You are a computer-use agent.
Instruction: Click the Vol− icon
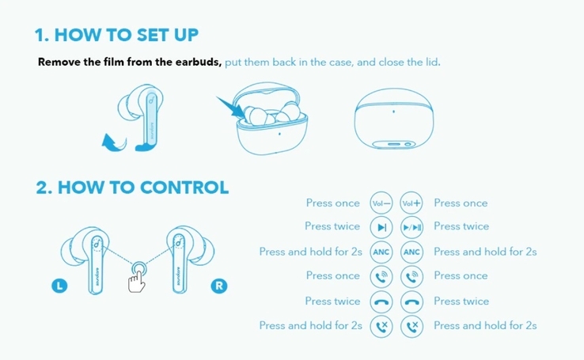tap(381, 203)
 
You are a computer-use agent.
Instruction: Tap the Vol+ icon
tap(411, 203)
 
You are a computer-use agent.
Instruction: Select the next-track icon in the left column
tap(381, 227)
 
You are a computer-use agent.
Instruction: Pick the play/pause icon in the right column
tap(411, 227)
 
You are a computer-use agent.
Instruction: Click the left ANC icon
tap(381, 252)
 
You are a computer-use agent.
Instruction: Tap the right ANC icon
tap(411, 252)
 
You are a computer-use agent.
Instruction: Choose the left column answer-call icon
tap(381, 277)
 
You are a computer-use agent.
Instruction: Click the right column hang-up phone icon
tap(411, 301)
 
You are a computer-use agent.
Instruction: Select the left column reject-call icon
tap(381, 327)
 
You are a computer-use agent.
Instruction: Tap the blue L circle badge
tap(59, 286)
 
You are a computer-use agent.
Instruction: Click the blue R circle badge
tap(219, 286)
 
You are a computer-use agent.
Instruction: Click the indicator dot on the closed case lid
tap(393, 112)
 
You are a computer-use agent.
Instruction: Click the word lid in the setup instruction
tap(433, 62)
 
